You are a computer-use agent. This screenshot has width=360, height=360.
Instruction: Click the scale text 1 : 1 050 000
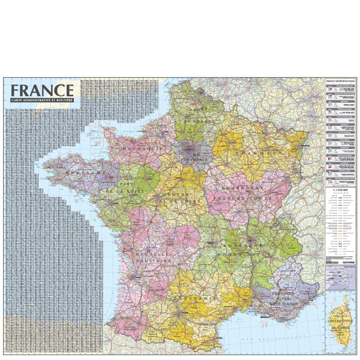point(340,191)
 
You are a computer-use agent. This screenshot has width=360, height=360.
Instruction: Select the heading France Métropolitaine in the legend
point(340,81)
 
